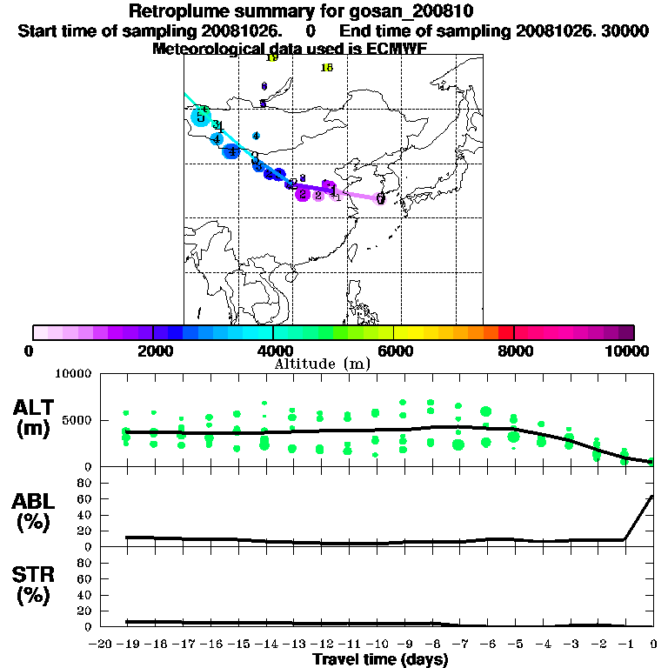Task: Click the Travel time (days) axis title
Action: (x=380, y=660)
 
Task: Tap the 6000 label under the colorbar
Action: (x=393, y=351)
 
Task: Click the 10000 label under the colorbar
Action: (x=626, y=351)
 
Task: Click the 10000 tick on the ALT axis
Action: (x=72, y=373)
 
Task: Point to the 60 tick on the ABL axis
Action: (x=85, y=498)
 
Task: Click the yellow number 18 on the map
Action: (x=327, y=68)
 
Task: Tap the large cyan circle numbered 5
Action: (x=201, y=116)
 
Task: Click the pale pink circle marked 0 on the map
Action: (x=381, y=199)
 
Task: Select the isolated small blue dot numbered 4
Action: (x=256, y=136)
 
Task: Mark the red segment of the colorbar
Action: (x=505, y=332)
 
